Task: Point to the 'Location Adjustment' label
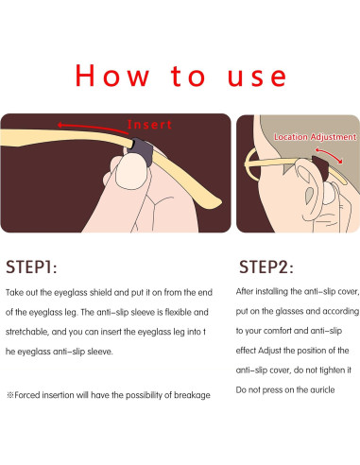pos(314,137)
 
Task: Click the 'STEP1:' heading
pos(34,265)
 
